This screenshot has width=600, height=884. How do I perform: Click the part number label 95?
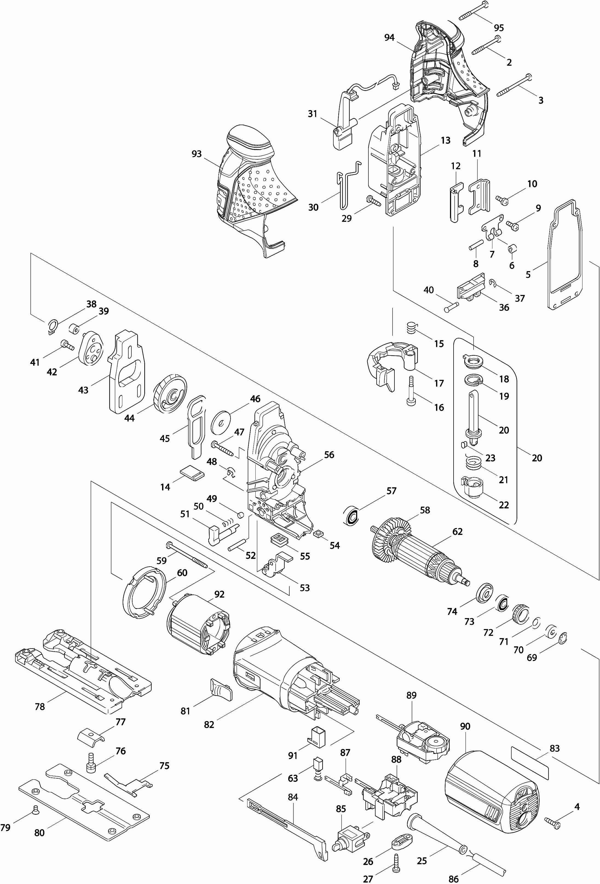tap(498, 28)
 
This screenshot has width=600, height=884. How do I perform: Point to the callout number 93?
tap(197, 154)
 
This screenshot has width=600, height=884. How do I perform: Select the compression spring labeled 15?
tap(411, 327)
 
